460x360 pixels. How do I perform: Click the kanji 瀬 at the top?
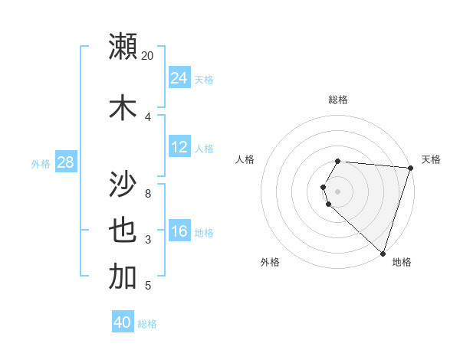pyautogui.click(x=123, y=46)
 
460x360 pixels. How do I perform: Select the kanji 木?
pyautogui.click(x=123, y=106)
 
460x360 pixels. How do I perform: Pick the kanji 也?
pyautogui.click(x=123, y=231)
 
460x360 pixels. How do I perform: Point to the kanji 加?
pyautogui.click(x=123, y=277)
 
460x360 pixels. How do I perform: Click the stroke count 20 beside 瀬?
pyautogui.click(x=148, y=56)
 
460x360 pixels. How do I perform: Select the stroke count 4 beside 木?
pyautogui.click(x=148, y=116)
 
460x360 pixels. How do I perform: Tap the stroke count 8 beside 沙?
pyautogui.click(x=148, y=193)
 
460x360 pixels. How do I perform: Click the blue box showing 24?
pyautogui.click(x=179, y=78)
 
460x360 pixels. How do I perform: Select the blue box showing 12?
pyautogui.click(x=179, y=147)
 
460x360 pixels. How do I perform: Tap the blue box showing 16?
pyautogui.click(x=179, y=231)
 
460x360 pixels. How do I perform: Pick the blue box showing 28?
pyautogui.click(x=65, y=162)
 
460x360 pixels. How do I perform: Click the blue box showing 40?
pyautogui.click(x=123, y=322)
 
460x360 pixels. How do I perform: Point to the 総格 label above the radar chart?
pyautogui.click(x=338, y=100)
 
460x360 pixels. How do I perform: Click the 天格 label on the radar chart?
pyautogui.click(x=432, y=159)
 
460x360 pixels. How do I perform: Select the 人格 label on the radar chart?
pyautogui.click(x=245, y=159)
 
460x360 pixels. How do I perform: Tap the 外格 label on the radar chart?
pyautogui.click(x=270, y=263)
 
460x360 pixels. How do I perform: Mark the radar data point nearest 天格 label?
pyautogui.click(x=410, y=168)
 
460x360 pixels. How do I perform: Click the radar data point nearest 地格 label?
pyautogui.click(x=383, y=253)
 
